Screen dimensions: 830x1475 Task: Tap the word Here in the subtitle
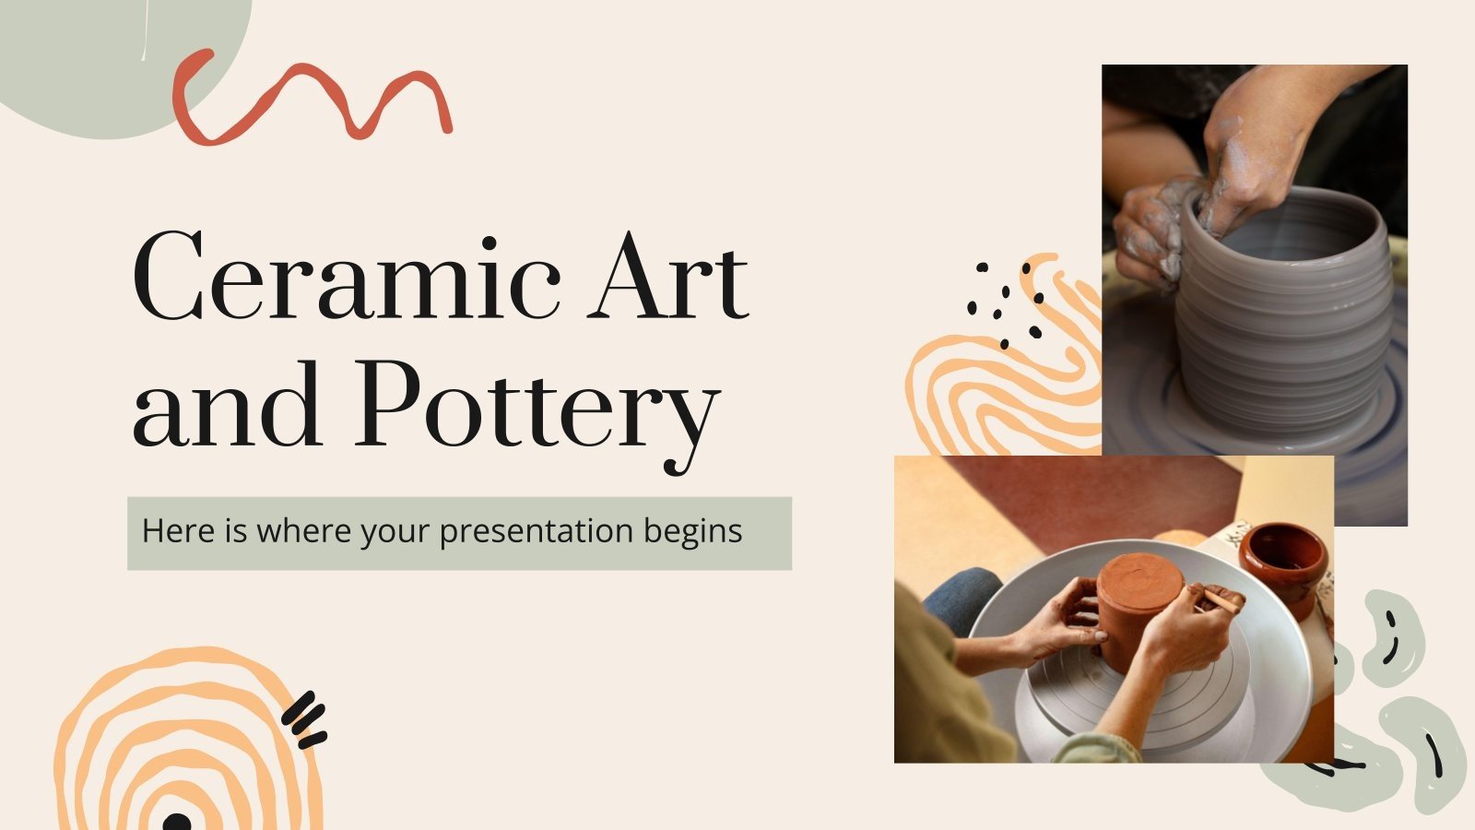(173, 531)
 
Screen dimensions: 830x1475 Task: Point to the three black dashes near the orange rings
(305, 719)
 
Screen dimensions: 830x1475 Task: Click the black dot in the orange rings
(176, 821)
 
